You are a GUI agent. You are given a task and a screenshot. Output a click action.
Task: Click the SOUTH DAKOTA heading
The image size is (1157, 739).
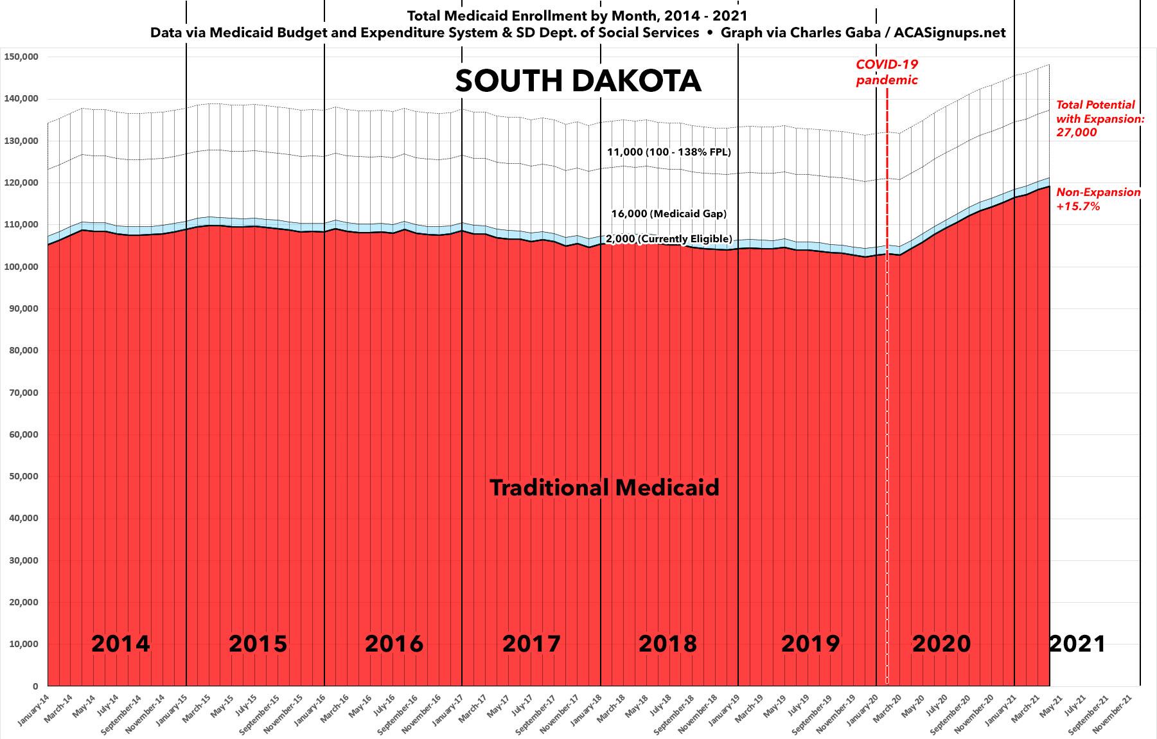(578, 82)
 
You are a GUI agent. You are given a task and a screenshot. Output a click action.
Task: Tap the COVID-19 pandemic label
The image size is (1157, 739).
(887, 72)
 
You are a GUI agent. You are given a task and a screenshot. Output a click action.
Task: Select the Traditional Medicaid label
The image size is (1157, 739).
(604, 488)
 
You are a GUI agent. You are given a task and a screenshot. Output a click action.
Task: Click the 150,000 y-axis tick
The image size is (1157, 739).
(21, 57)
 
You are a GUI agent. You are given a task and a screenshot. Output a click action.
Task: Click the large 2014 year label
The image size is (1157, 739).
(120, 643)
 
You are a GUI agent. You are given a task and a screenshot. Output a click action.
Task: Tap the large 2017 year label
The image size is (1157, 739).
(531, 643)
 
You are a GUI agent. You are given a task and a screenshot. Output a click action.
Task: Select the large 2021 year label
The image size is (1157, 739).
(1077, 643)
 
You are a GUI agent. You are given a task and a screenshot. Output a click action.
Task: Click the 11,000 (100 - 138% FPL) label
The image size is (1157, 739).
(669, 152)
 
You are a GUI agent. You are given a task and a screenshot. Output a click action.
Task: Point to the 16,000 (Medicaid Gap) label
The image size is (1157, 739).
(669, 213)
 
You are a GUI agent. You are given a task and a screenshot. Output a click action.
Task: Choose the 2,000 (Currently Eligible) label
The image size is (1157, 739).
(669, 239)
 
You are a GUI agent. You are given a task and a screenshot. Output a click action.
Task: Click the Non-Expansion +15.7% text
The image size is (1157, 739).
(1099, 199)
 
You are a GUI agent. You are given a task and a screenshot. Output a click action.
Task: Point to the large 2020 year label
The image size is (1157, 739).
(941, 643)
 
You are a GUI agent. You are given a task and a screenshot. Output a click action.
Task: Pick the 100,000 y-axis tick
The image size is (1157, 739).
(21, 267)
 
